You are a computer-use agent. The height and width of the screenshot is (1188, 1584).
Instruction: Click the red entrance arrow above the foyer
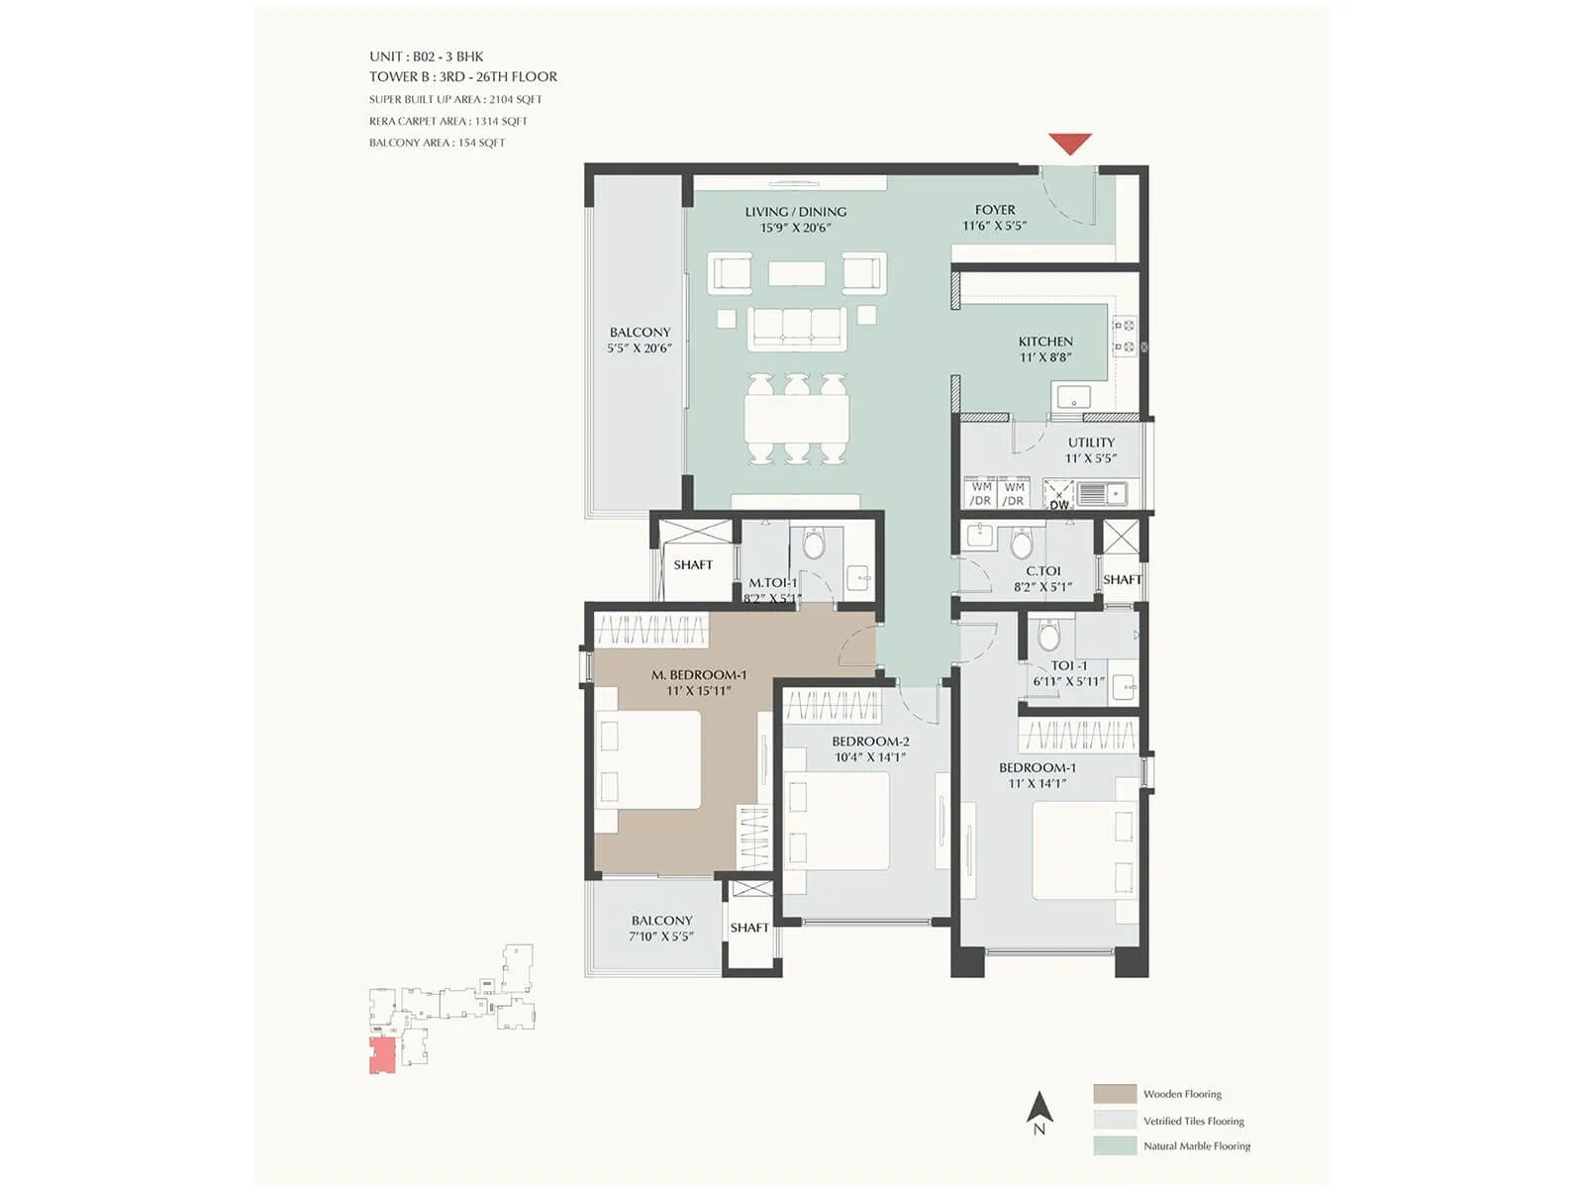(x=1069, y=144)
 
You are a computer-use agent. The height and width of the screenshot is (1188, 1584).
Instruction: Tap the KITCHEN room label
(x=1045, y=342)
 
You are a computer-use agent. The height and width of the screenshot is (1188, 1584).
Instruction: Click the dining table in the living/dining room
(x=797, y=419)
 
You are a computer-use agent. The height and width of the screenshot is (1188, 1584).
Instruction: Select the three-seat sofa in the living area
(x=797, y=328)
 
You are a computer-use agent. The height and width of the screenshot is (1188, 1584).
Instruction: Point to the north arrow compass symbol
(x=1039, y=1112)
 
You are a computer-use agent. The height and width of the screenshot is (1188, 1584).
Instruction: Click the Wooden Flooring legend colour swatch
(x=1115, y=1093)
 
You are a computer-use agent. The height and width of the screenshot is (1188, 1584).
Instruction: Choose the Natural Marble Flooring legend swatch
(x=1115, y=1145)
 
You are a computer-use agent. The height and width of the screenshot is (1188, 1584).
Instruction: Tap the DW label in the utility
(x=1059, y=505)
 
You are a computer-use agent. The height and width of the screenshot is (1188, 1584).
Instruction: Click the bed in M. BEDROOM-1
(x=648, y=760)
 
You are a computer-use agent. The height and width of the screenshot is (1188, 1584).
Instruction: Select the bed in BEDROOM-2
(x=837, y=821)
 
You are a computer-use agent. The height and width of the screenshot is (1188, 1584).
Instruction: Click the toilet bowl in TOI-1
(x=1049, y=635)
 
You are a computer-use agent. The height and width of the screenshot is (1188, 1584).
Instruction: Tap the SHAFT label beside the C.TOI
(x=1122, y=579)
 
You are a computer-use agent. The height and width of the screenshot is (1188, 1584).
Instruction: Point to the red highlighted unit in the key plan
(x=382, y=1055)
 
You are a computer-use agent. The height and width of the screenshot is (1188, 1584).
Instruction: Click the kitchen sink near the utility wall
(x=1072, y=397)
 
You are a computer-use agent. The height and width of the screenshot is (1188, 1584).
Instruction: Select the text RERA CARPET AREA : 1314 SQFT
(x=448, y=121)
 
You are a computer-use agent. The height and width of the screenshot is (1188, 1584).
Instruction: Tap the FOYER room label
(x=995, y=210)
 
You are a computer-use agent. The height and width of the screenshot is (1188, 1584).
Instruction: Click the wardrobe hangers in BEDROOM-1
(x=1078, y=735)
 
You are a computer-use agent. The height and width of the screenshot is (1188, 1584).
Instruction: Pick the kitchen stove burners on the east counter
(x=1124, y=336)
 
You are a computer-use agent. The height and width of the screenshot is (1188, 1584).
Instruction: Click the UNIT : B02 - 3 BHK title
(x=427, y=56)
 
